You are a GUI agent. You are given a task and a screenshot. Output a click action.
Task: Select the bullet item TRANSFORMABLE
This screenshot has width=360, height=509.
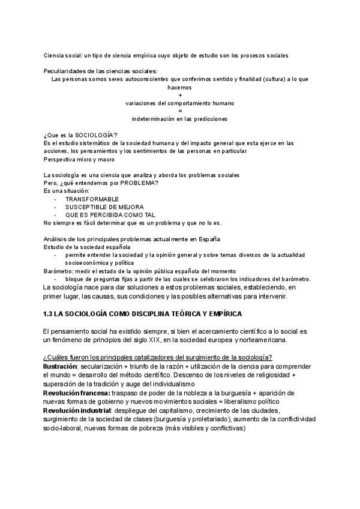click(92, 199)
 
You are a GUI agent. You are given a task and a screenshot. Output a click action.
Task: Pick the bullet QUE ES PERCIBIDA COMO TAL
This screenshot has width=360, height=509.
click(110, 214)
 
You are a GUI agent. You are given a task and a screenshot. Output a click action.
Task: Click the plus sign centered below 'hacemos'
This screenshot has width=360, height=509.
click(180, 95)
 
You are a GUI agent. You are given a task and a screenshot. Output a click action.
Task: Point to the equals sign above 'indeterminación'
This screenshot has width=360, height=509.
click(180, 110)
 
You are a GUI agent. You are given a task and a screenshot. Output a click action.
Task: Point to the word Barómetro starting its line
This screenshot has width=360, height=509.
click(59, 271)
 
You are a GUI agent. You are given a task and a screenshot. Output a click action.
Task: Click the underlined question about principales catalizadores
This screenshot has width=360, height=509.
click(158, 358)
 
